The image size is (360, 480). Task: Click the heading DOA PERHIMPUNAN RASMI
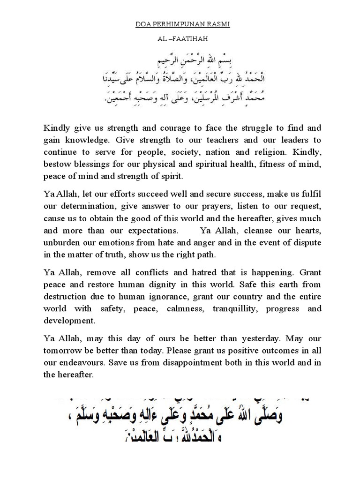point(180,24)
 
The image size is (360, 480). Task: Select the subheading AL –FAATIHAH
point(180,41)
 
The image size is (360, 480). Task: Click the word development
point(69,321)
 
